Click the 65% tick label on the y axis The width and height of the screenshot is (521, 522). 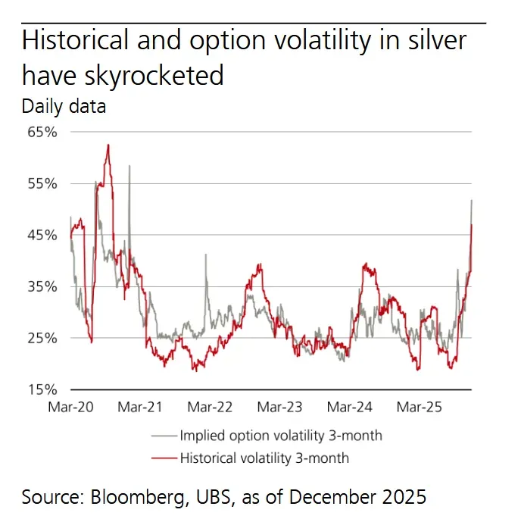click(x=43, y=132)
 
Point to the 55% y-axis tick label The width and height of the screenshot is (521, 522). click(x=43, y=183)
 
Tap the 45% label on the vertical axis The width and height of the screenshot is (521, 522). click(x=43, y=235)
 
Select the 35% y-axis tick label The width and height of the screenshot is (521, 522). click(x=43, y=286)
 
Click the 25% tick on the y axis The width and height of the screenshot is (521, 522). click(x=43, y=338)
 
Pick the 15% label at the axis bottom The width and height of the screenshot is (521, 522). click(x=43, y=389)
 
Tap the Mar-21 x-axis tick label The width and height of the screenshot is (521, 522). click(x=140, y=408)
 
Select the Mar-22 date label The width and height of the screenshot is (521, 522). click(x=210, y=408)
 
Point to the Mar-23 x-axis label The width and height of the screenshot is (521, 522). click(x=279, y=408)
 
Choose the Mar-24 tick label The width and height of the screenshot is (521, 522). click(x=350, y=408)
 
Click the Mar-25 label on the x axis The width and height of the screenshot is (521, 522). click(x=420, y=408)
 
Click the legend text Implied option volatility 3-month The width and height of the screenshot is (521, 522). click(x=281, y=435)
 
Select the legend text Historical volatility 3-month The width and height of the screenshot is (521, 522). click(x=264, y=458)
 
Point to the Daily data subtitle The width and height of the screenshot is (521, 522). click(x=64, y=106)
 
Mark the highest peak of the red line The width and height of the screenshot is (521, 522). click(x=108, y=145)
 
